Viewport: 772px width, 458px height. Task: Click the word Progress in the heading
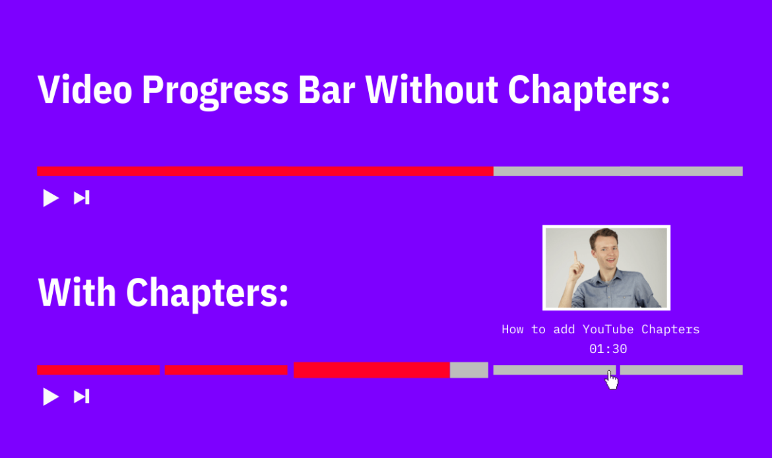point(215,92)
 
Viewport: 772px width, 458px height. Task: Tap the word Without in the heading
point(432,90)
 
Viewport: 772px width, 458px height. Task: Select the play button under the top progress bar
point(51,198)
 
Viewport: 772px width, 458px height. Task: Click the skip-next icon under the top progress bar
point(82,198)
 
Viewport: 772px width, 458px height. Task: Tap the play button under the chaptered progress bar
point(51,397)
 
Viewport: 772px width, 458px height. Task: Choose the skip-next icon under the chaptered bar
point(82,397)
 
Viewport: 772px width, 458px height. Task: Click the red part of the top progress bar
point(265,172)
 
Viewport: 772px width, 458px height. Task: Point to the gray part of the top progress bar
point(618,172)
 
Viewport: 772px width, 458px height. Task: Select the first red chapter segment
point(98,370)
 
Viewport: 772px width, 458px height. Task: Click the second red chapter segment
point(226,370)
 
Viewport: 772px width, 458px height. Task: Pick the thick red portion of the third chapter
point(371,370)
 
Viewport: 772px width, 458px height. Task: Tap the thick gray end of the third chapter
point(469,370)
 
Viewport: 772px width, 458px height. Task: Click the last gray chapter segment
point(682,370)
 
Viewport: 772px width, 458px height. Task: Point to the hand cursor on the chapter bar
point(612,379)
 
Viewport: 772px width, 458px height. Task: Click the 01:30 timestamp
point(608,349)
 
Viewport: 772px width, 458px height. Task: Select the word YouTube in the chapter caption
point(608,329)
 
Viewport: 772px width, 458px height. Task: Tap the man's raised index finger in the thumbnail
point(575,257)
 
